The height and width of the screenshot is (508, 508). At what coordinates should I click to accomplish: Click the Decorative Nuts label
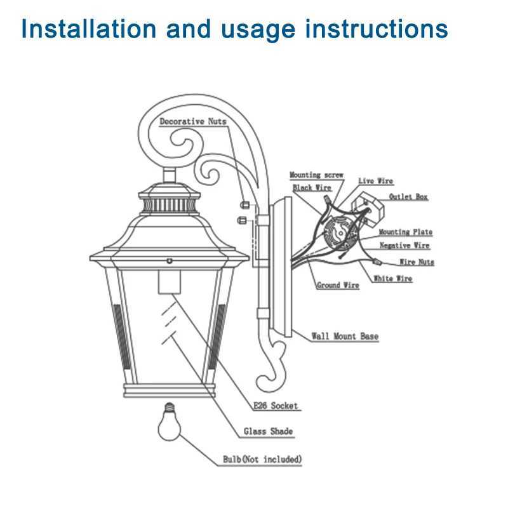click(x=192, y=121)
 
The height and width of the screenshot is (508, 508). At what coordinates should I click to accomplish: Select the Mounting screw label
click(x=316, y=175)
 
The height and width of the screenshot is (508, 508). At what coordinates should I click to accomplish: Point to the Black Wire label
click(x=312, y=188)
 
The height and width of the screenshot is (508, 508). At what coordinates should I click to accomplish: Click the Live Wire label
click(x=375, y=182)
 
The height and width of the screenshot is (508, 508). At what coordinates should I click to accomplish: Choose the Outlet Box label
click(x=408, y=197)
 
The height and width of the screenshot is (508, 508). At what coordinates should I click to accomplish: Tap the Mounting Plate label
click(x=406, y=232)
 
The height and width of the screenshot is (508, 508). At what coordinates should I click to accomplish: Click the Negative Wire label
click(x=404, y=246)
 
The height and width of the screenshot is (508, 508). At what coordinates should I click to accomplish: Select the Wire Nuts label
click(x=417, y=262)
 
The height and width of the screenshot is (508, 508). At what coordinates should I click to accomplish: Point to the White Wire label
click(x=392, y=279)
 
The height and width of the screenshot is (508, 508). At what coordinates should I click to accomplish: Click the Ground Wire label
click(x=338, y=286)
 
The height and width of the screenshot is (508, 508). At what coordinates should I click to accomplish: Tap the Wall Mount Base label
click(x=345, y=336)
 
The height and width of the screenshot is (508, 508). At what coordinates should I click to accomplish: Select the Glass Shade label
click(x=269, y=432)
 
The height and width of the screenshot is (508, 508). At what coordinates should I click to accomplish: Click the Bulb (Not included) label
click(x=262, y=459)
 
